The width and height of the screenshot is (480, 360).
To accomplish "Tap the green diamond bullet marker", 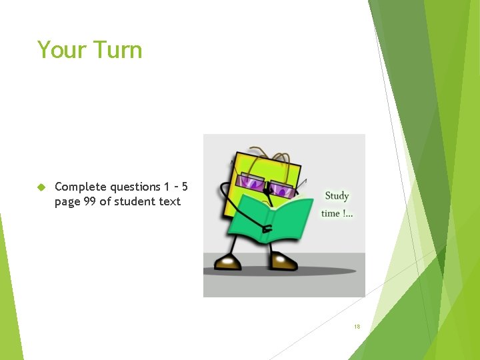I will click(41, 187).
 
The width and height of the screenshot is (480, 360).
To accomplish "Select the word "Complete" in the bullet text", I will click(81, 187).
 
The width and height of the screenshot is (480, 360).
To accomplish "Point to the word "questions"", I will click(135, 187).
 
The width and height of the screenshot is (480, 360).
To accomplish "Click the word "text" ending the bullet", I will click(169, 201).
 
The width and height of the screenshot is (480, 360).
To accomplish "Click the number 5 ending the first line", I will click(184, 187).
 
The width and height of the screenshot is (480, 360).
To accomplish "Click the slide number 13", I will click(357, 327).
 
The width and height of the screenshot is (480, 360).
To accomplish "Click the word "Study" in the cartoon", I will click(337, 196).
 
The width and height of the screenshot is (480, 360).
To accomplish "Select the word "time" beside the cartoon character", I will click(331, 213).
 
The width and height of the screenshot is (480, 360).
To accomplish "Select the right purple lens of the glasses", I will click(284, 191).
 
